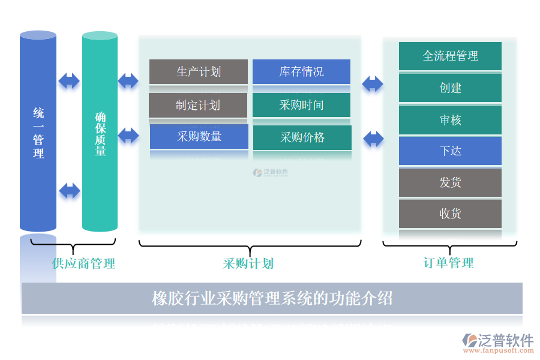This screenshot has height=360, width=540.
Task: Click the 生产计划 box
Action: (199, 71)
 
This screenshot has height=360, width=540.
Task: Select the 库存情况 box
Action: (301, 71)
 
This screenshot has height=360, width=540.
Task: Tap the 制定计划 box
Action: (198, 105)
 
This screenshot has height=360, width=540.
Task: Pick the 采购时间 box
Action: (301, 105)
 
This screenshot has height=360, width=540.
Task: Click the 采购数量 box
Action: (199, 136)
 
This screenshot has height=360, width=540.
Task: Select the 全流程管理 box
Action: (450, 56)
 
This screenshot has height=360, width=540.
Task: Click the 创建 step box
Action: (450, 88)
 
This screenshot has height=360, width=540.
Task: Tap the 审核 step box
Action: (450, 120)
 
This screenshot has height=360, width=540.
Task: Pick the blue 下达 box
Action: (450, 151)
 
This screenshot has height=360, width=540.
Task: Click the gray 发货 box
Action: (450, 182)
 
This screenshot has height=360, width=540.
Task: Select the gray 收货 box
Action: (450, 214)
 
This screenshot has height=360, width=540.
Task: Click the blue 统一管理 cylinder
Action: (38, 132)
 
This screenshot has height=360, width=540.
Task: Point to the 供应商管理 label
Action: (83, 263)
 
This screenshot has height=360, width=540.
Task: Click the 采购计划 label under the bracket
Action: (248, 263)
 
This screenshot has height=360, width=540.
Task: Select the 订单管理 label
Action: (448, 263)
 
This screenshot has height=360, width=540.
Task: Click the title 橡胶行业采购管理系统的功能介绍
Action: (272, 298)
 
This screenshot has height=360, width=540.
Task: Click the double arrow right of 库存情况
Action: (373, 83)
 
